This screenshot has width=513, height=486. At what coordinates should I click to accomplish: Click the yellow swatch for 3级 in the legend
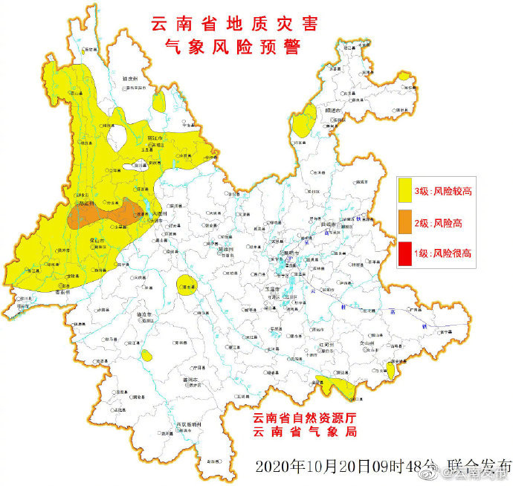pyautogui.click(x=407, y=190)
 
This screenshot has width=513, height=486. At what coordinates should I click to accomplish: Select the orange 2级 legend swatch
pyautogui.click(x=407, y=221)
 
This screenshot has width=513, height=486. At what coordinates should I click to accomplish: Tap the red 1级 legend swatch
pyautogui.click(x=407, y=252)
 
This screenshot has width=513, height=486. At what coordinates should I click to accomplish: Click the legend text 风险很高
pyautogui.click(x=452, y=253)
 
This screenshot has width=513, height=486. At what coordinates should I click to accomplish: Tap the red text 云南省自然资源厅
pyautogui.click(x=306, y=418)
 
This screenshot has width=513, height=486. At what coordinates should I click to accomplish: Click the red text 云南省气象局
pyautogui.click(x=306, y=432)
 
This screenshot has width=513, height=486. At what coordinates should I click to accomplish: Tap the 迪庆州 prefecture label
pyautogui.click(x=130, y=77)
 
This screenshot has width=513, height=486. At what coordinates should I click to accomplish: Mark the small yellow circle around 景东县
pyautogui.click(x=188, y=285)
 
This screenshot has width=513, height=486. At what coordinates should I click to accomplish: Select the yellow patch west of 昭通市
pyautogui.click(x=303, y=121)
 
